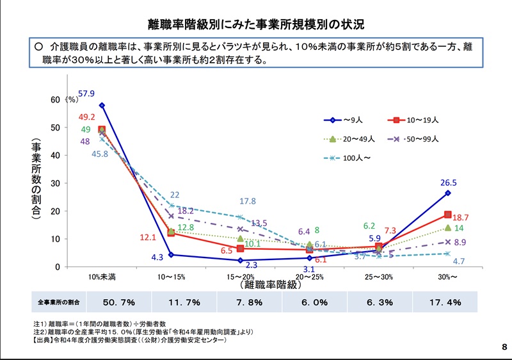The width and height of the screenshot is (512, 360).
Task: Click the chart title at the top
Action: pos(256,25)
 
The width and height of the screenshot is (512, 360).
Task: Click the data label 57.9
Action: pos(86,94)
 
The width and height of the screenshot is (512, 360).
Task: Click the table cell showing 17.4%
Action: pos(445,302)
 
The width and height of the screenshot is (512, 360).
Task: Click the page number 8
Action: pos(504,347)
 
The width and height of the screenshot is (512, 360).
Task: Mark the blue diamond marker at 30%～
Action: pos(447,193)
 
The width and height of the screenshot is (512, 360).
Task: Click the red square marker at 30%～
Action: pos(447,215)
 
